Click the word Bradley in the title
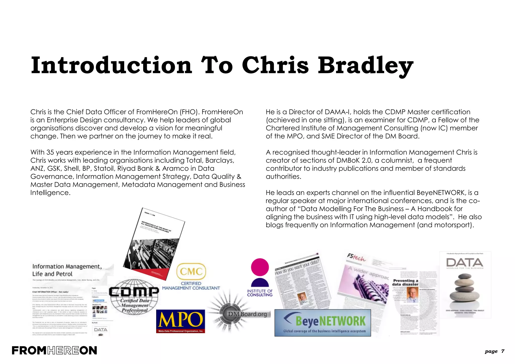[x=365, y=65]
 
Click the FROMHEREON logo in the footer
[x=54, y=350]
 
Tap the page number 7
[x=502, y=351]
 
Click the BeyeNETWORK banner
[x=323, y=323]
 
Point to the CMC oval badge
[x=191, y=271]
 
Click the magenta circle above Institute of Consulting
[x=260, y=267]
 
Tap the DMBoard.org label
[x=247, y=314]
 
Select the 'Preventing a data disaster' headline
[x=405, y=282]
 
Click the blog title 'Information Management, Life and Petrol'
[x=67, y=270]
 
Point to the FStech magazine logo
[x=356, y=257]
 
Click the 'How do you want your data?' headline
[x=297, y=267]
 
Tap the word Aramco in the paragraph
[x=176, y=168]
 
